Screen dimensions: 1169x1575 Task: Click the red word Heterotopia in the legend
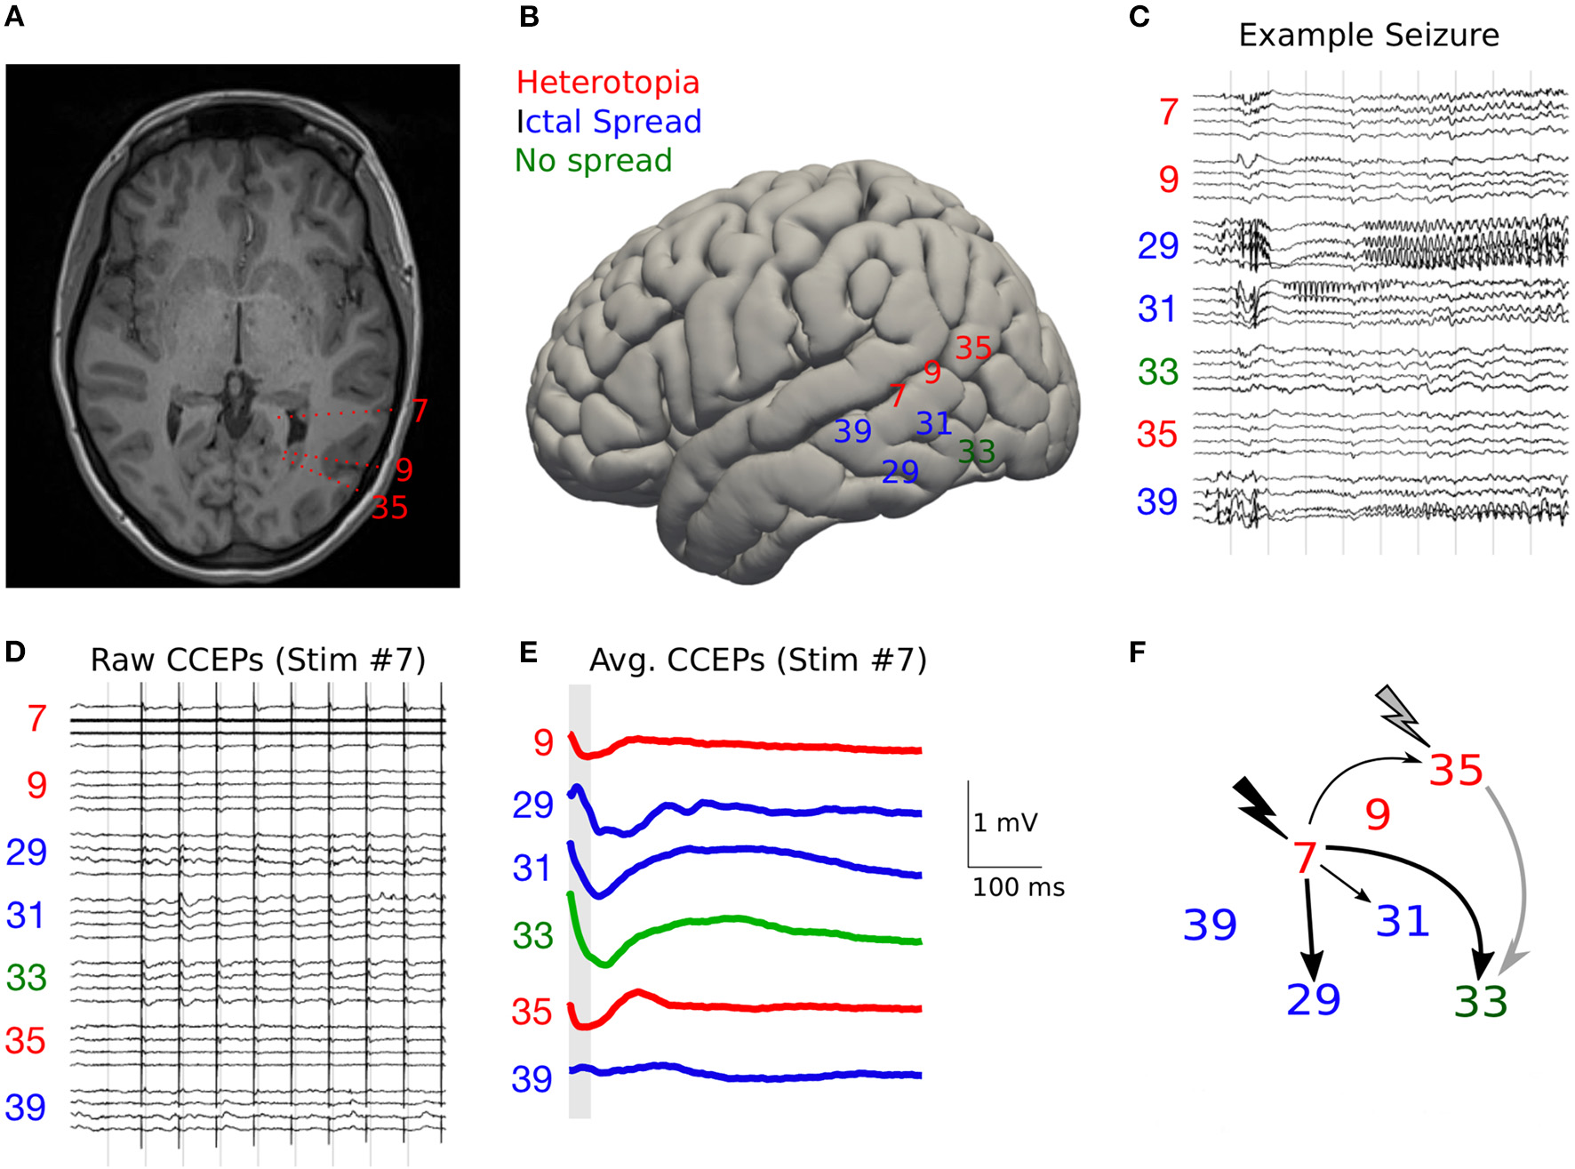point(608,83)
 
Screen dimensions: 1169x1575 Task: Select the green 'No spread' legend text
point(593,161)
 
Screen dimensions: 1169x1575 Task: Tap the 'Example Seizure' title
point(1368,36)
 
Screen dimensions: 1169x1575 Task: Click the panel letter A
point(14,17)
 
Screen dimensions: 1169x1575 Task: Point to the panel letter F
point(1137,653)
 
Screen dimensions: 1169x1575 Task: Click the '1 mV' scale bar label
point(1005,822)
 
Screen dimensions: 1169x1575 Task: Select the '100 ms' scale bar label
point(1018,887)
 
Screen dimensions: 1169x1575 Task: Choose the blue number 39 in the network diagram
point(1210,925)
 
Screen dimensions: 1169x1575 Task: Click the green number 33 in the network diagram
point(1481,1002)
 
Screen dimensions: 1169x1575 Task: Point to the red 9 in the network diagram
point(1378,814)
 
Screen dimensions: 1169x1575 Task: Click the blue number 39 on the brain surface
point(852,432)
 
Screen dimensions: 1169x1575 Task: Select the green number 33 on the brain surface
point(976,452)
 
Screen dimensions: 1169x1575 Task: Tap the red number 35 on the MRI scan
point(389,508)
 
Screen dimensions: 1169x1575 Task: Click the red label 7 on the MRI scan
point(420,411)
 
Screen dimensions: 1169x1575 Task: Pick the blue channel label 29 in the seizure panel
point(1158,246)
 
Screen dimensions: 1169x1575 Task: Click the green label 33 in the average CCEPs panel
point(532,936)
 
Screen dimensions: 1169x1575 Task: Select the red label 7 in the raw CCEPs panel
point(36,719)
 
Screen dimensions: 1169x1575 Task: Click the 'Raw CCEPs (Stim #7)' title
point(258,661)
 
